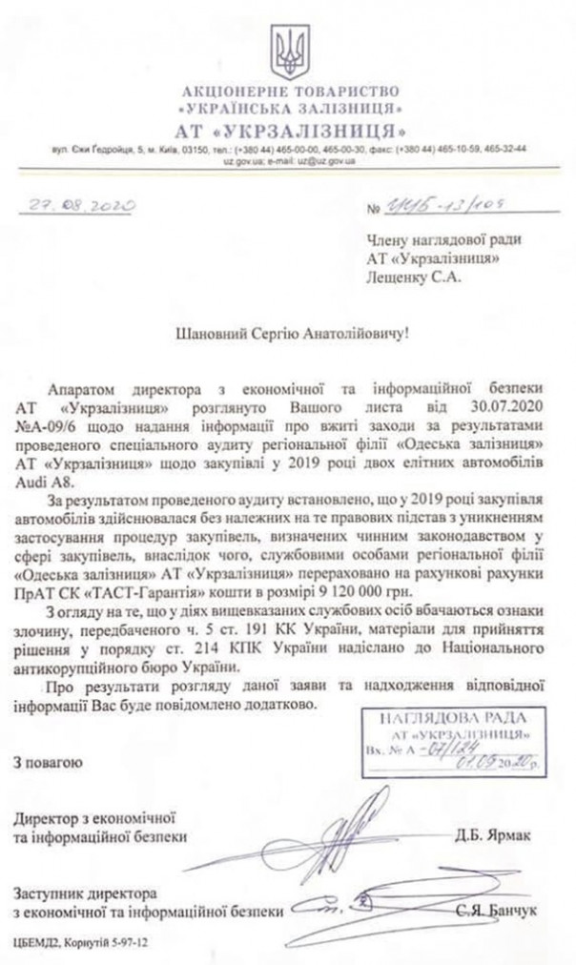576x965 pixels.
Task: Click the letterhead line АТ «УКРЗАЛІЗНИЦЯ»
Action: (x=287, y=128)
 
